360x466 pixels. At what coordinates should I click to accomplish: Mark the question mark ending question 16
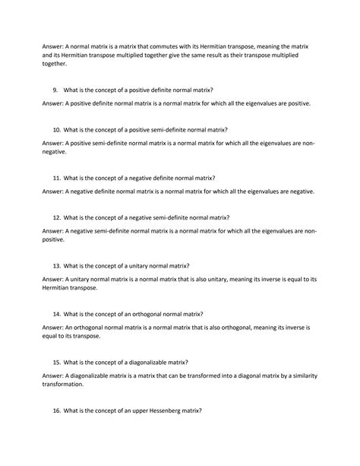click(201, 411)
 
